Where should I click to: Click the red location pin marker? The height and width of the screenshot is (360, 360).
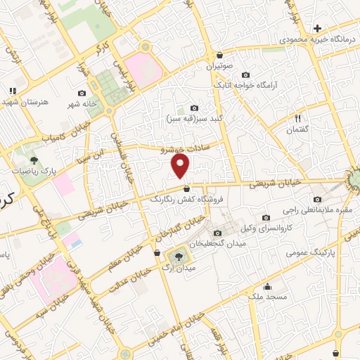181,167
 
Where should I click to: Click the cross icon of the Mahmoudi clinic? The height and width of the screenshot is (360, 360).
317,28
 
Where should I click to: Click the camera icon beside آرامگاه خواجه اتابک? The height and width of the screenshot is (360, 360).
245,75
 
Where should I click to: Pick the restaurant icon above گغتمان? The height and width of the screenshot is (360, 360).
297,118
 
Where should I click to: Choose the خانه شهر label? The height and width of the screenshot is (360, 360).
81,104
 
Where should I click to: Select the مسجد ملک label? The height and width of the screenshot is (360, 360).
267,297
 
